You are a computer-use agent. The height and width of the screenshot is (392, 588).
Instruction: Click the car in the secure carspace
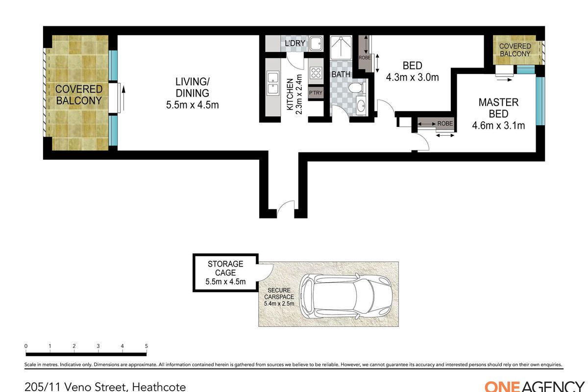(x=346, y=296)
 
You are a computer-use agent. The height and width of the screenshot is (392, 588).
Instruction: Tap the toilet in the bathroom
(x=357, y=87)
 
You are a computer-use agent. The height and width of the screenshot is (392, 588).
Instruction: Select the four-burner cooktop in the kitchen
(x=316, y=73)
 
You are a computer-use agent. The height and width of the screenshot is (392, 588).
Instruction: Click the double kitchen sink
(x=273, y=83)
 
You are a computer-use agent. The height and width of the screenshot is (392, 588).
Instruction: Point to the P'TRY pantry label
(x=316, y=93)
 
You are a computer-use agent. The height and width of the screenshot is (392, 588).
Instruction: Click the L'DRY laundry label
(x=295, y=43)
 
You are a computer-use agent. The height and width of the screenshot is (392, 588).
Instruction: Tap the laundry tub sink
(x=316, y=44)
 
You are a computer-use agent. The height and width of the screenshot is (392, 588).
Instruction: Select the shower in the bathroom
(x=341, y=48)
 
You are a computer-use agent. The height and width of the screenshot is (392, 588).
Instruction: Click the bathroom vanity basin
(x=362, y=106)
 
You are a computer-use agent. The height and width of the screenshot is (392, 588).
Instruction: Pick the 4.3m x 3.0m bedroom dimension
(x=413, y=77)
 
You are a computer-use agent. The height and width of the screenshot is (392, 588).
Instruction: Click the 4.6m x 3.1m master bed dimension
(x=498, y=125)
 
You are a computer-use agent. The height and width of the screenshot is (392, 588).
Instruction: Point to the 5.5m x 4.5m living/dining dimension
(x=193, y=105)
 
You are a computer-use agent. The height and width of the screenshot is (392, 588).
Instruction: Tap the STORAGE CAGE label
(x=225, y=268)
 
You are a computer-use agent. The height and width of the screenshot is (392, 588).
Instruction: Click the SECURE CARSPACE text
(x=279, y=294)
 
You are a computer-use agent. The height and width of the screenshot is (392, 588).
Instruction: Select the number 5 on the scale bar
(x=146, y=346)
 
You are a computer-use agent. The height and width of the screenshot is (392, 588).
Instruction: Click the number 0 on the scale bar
(x=26, y=346)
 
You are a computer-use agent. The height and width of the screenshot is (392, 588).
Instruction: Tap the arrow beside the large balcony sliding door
(x=123, y=98)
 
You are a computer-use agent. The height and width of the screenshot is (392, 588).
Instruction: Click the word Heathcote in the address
(x=159, y=387)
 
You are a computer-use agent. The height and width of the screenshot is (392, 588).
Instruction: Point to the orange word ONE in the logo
(x=502, y=387)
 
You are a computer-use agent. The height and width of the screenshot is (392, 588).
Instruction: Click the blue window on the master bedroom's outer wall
(x=540, y=101)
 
